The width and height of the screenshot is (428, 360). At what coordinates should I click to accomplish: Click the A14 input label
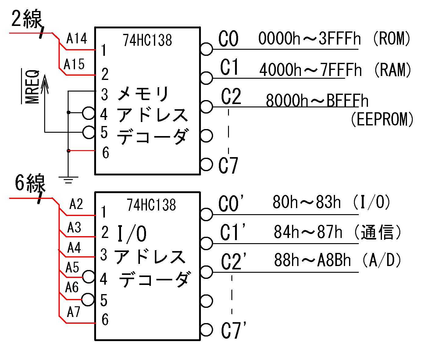tap(77, 39)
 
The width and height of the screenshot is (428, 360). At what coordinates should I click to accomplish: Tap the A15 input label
tap(74, 64)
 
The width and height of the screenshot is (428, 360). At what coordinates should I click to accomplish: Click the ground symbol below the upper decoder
tap(68, 180)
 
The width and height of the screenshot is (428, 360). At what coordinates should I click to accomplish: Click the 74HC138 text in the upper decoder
tap(148, 40)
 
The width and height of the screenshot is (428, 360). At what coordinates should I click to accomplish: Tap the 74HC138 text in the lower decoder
tap(152, 205)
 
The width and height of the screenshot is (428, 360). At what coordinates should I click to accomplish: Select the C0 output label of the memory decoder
tap(228, 39)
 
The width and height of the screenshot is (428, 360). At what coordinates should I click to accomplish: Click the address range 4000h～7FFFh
tap(310, 70)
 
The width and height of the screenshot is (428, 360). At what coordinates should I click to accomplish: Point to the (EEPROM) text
tap(382, 119)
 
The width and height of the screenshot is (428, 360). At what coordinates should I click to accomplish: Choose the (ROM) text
tap(392, 39)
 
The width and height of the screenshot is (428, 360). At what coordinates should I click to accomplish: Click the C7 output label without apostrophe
tap(228, 166)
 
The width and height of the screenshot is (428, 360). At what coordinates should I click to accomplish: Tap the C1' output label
tap(233, 232)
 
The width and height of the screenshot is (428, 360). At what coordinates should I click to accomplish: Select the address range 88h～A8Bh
tap(312, 260)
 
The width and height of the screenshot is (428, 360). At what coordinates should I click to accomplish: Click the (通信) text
tap(377, 232)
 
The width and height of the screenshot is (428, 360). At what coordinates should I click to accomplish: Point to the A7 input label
tap(73, 312)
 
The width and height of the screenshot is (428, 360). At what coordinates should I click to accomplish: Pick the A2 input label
tap(76, 204)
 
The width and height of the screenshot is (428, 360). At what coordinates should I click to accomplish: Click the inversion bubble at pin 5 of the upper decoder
tap(89, 132)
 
